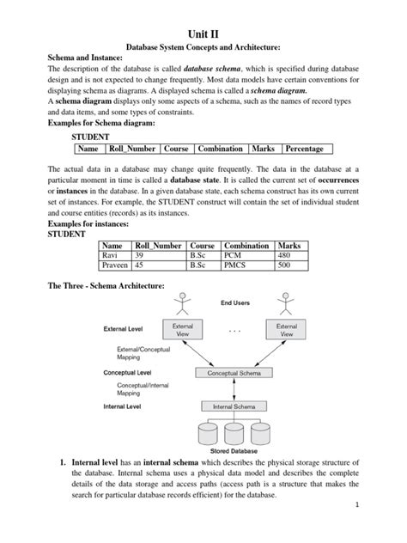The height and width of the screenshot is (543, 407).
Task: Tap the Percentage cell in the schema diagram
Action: pyautogui.click(x=304, y=149)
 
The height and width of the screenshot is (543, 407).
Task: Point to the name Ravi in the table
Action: pyautogui.click(x=112, y=255)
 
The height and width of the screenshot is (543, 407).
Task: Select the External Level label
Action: pyautogui.click(x=124, y=328)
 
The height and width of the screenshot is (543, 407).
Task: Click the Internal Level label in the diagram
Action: pyautogui.click(x=122, y=406)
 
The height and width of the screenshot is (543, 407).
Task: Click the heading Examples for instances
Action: pyautogui.click(x=85, y=223)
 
